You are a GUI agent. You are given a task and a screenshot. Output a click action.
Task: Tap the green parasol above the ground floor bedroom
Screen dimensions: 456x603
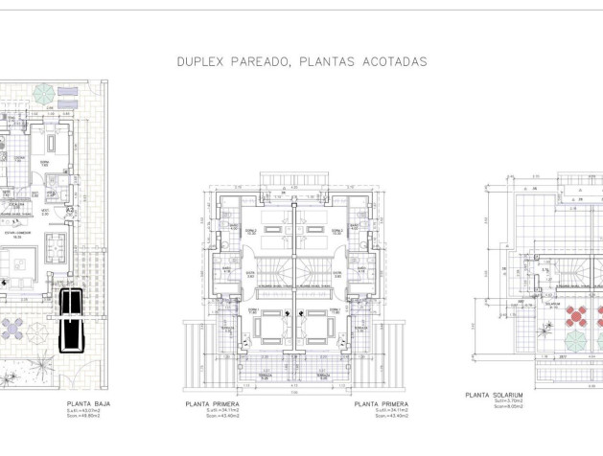pos(43,93)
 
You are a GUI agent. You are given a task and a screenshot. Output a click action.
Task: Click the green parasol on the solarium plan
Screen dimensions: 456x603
pos(575,341)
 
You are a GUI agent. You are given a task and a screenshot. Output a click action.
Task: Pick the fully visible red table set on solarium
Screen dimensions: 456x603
pos(576,315)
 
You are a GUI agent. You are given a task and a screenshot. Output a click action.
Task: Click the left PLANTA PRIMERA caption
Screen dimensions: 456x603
pos(227,405)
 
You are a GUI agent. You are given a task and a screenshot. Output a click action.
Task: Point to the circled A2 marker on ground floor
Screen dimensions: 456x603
pos(71,210)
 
